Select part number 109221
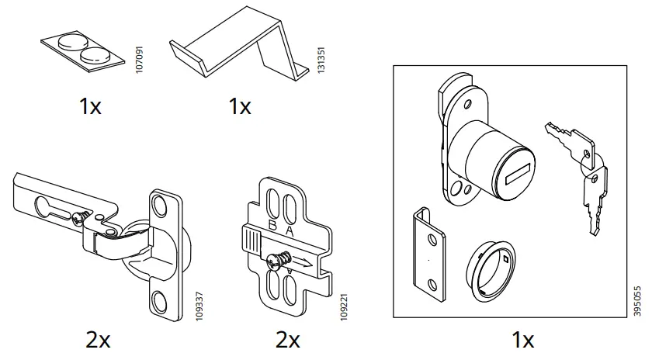342,303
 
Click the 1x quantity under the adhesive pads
90,106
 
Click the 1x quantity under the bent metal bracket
240,106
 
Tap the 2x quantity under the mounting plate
287,339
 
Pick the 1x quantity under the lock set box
523,339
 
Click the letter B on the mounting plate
272,226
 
